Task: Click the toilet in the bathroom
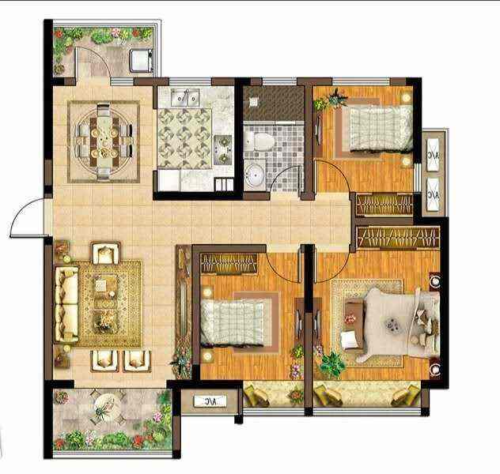(259, 141)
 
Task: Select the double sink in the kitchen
(185, 97)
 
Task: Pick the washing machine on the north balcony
(141, 60)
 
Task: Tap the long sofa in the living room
(66, 305)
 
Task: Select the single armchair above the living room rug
(105, 253)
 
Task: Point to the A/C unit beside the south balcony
(210, 401)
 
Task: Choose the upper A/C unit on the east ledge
(433, 156)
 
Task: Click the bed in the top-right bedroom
(380, 128)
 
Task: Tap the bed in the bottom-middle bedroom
(233, 323)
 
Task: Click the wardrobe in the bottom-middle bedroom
(229, 264)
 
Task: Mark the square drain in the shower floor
(253, 102)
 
